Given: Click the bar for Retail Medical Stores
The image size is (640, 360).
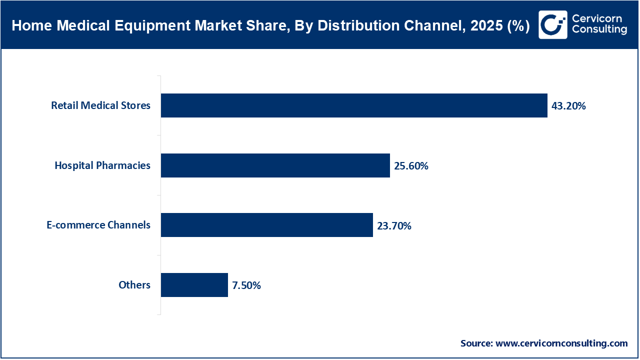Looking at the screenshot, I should (354, 105).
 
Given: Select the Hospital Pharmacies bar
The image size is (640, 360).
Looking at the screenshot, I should (275, 165).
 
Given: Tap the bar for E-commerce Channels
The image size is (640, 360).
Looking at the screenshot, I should (266, 225).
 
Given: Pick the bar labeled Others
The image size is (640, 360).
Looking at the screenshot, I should (194, 285).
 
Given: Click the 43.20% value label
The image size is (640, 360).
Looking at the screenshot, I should (568, 106).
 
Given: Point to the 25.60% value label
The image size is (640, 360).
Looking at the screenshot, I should (411, 166).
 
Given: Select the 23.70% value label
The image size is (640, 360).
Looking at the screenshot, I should (394, 226).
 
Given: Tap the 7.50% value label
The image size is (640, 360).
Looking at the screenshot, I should (246, 285).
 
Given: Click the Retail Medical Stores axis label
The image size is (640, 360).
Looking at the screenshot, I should (100, 105).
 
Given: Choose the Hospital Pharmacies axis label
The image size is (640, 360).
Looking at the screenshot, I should (102, 165).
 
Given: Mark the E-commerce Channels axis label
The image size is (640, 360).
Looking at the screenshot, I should (98, 225).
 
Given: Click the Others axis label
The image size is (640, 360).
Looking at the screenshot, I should (134, 285).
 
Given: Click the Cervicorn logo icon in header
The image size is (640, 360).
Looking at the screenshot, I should (553, 24).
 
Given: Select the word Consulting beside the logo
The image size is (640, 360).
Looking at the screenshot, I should (599, 30).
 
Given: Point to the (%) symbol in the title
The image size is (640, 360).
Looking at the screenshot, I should (518, 26).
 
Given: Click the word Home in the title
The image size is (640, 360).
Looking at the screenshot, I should (27, 26).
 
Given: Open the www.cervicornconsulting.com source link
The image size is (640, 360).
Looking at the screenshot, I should (561, 343).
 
